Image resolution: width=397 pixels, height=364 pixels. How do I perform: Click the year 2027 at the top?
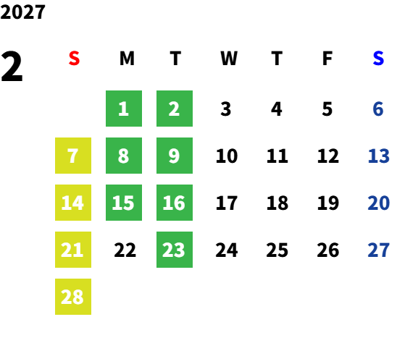(x=22, y=12)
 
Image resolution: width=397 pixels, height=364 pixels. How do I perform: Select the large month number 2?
(x=12, y=67)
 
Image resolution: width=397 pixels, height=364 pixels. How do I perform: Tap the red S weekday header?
(x=74, y=59)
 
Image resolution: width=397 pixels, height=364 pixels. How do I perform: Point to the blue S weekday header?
(x=378, y=59)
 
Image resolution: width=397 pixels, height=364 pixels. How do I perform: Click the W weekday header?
(x=229, y=59)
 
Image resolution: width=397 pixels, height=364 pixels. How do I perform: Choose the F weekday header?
(x=327, y=59)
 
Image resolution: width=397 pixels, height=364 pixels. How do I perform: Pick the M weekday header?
(x=127, y=59)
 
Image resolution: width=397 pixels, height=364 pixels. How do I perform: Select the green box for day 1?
(x=124, y=109)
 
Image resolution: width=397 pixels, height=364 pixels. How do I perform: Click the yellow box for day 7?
(x=73, y=156)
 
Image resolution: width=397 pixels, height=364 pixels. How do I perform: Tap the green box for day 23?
(x=175, y=250)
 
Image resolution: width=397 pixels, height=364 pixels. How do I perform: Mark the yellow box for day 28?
(x=73, y=297)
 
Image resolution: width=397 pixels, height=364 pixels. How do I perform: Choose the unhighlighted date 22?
(x=125, y=250)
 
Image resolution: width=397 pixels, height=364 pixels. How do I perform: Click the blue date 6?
(x=378, y=109)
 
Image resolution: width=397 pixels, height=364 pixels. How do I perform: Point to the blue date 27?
(x=378, y=250)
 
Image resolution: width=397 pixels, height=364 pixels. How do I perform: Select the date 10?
(x=227, y=156)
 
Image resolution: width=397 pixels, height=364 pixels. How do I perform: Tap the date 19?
(x=328, y=203)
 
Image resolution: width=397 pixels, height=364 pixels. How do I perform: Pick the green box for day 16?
(x=175, y=203)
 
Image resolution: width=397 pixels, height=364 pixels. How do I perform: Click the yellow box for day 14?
(x=73, y=203)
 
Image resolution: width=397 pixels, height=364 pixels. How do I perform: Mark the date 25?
(x=277, y=250)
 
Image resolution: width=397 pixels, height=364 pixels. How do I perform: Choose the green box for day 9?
(x=175, y=156)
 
